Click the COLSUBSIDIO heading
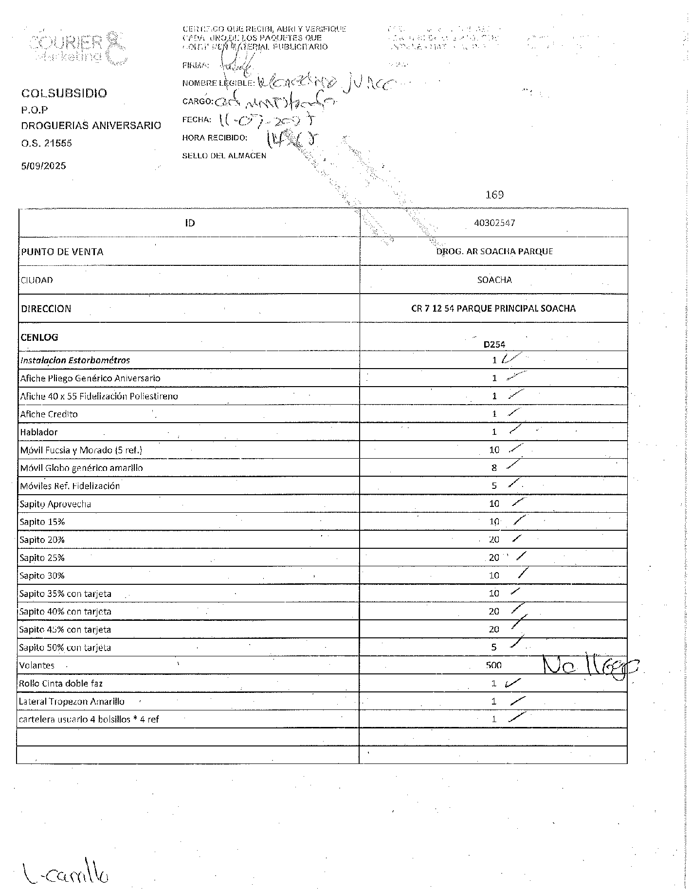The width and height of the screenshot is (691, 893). (64, 93)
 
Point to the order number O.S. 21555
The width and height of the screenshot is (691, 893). (46, 143)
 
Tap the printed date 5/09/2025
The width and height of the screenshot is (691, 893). (43, 166)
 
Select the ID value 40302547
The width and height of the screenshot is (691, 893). (494, 223)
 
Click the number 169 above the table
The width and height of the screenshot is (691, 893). (494, 195)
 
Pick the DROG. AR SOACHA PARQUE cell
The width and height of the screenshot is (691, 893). (494, 251)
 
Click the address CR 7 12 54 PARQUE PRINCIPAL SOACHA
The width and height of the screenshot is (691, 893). (493, 308)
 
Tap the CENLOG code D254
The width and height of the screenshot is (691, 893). (494, 344)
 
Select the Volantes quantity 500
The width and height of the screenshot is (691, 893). (493, 665)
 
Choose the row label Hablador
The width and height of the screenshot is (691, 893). (39, 432)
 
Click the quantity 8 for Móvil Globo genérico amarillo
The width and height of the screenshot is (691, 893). (494, 468)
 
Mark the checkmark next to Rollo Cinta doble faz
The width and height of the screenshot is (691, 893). (513, 683)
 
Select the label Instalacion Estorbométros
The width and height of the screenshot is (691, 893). (75, 360)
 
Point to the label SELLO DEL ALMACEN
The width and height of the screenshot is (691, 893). (224, 156)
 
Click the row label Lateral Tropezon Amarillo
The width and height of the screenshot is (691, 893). (72, 701)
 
